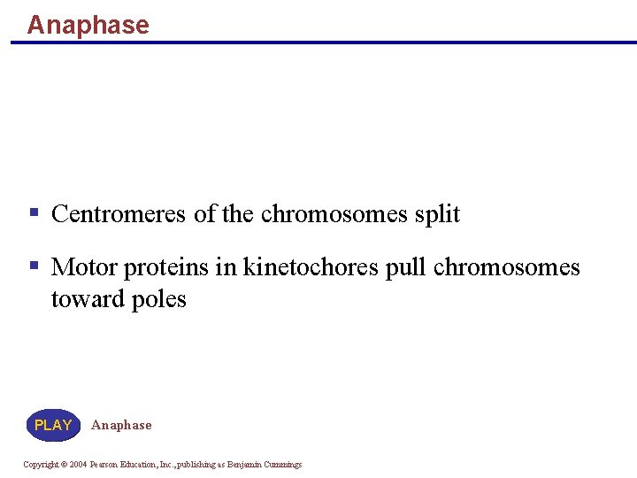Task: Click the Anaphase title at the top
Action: point(88,25)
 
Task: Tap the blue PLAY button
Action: point(53,425)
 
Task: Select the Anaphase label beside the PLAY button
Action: point(121,425)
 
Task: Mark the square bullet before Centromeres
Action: point(34,213)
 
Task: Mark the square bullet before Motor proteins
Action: point(34,266)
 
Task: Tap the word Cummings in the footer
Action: point(282,465)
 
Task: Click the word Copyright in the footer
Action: point(40,465)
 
